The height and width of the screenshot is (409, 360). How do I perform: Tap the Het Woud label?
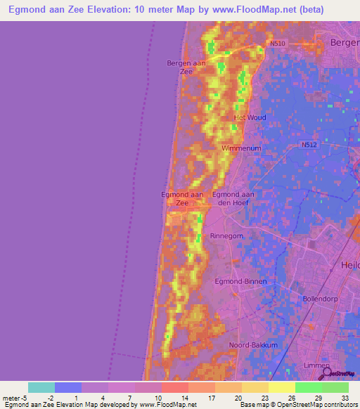pos(250,117)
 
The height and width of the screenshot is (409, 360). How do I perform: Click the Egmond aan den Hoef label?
pos(233,198)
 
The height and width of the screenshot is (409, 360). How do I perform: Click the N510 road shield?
pos(278,43)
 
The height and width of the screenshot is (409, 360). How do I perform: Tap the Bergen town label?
pos(345,44)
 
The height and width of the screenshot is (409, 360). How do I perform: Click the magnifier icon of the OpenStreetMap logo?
pos(322,371)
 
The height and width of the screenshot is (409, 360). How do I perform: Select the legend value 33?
pos(346,397)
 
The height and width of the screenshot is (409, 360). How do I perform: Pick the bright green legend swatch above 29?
pos(309,387)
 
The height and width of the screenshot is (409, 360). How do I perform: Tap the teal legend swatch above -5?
pos(41,387)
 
